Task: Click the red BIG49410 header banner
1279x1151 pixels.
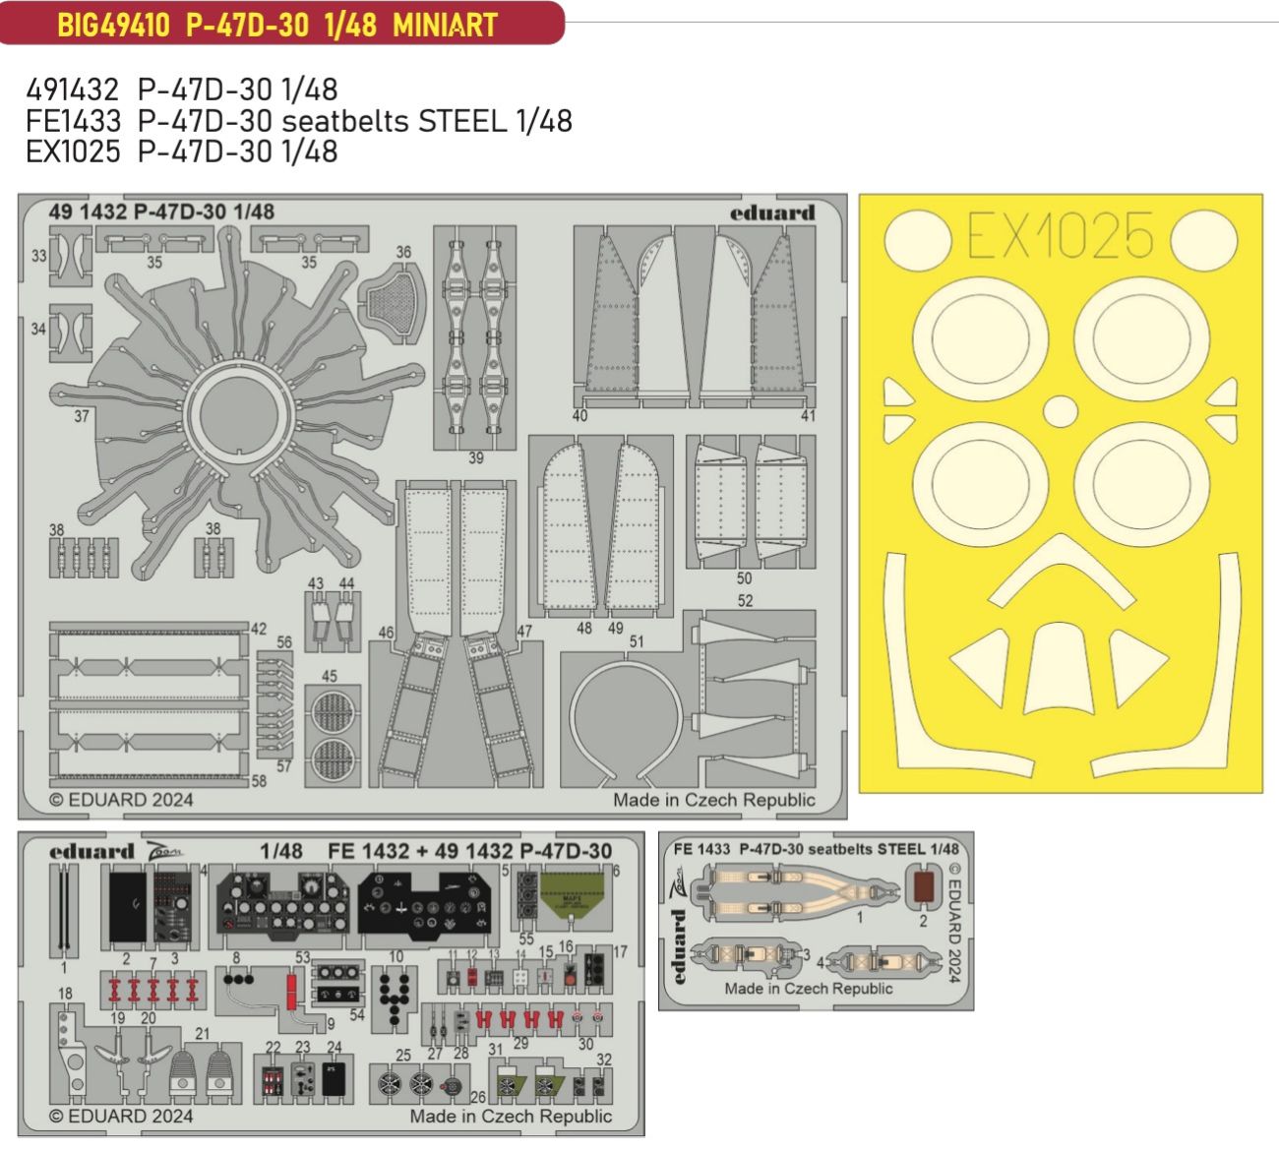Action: (280, 24)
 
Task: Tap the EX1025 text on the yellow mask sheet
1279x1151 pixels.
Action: (1060, 236)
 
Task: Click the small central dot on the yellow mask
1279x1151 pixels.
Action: (1059, 410)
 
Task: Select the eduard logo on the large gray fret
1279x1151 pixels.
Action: (772, 213)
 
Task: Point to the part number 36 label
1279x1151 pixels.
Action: (403, 252)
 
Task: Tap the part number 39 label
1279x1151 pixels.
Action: (476, 457)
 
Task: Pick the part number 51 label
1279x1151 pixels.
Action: (637, 641)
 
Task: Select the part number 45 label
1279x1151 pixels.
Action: (329, 676)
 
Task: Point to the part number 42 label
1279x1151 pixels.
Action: (259, 630)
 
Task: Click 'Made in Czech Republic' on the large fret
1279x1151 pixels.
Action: (713, 800)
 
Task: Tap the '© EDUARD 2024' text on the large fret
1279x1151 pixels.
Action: (121, 800)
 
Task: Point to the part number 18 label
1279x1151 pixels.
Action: (65, 994)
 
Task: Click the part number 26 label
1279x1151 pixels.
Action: (478, 1098)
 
